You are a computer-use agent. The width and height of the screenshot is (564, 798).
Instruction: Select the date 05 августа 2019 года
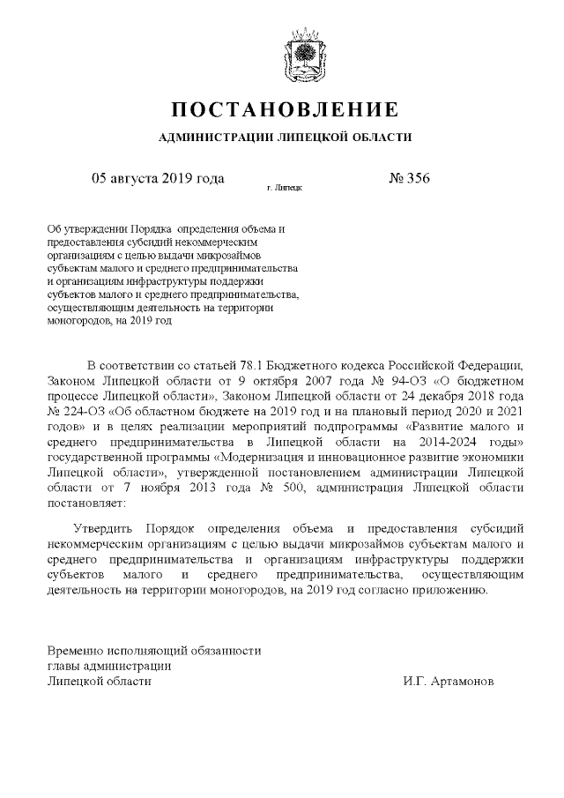point(158,178)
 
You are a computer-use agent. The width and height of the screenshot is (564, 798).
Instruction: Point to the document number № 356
point(408,178)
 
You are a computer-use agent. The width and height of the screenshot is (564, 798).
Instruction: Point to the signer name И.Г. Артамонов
point(448,682)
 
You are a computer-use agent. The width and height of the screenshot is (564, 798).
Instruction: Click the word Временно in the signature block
point(77,650)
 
